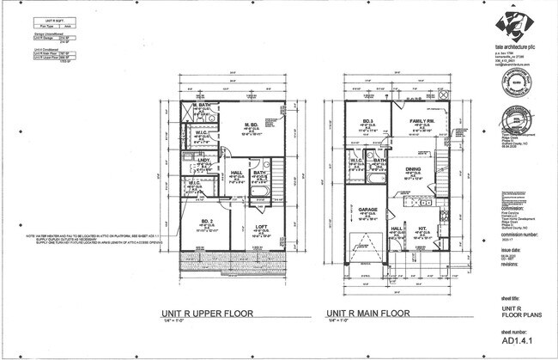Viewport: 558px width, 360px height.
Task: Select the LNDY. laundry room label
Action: pyautogui.click(x=205, y=160)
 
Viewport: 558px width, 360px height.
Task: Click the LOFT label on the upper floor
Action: pyautogui.click(x=259, y=227)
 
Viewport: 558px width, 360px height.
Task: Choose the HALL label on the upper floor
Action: pyautogui.click(x=236, y=172)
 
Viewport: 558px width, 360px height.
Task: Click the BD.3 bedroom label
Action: pyautogui.click(x=367, y=121)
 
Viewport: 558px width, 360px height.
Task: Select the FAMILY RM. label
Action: pyautogui.click(x=420, y=121)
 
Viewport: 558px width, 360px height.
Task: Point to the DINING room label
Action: pyautogui.click(x=413, y=169)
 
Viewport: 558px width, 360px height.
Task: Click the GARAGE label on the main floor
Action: pyautogui.click(x=367, y=209)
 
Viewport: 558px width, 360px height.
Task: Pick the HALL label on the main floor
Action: pyautogui.click(x=396, y=228)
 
